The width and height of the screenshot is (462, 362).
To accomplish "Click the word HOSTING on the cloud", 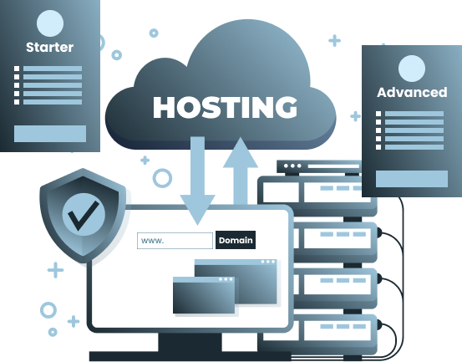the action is pyautogui.click(x=225, y=107).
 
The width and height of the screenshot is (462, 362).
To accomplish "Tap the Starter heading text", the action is pyautogui.click(x=50, y=47).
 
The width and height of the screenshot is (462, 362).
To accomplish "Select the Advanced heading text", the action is pyautogui.click(x=412, y=92).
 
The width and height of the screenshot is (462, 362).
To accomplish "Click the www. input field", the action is pyautogui.click(x=175, y=241).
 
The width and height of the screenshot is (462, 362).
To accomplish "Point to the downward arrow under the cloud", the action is pyautogui.click(x=197, y=181).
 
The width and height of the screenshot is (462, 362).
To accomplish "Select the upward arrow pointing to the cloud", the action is pyautogui.click(x=241, y=171).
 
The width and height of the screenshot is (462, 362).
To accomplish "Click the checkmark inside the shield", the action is pyautogui.click(x=84, y=216).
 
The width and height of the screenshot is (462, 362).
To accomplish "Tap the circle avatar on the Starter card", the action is pyautogui.click(x=50, y=23).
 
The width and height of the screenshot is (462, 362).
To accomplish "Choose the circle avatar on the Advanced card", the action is pyautogui.click(x=412, y=69).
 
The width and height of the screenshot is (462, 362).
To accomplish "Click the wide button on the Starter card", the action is pyautogui.click(x=50, y=134).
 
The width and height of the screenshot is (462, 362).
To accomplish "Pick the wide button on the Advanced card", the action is pyautogui.click(x=412, y=179).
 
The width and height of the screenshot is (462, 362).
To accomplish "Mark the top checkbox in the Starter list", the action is pyautogui.click(x=17, y=69).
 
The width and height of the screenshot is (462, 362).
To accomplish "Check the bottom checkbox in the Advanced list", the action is pyautogui.click(x=378, y=147).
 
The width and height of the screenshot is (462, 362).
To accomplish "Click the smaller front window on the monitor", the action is pyautogui.click(x=204, y=295).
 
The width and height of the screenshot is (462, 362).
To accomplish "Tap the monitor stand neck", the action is pyautogui.click(x=190, y=342).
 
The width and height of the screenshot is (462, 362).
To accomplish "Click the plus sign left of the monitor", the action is pyautogui.click(x=55, y=270).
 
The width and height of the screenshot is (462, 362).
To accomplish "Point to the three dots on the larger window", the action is pyautogui.click(x=267, y=262).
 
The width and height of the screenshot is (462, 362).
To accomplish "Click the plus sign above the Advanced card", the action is pyautogui.click(x=335, y=41).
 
